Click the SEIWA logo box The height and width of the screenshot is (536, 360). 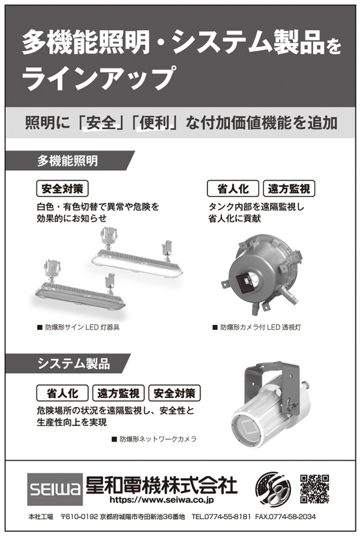pyautogui.click(x=55, y=489)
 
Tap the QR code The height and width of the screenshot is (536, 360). pyautogui.click(x=315, y=489)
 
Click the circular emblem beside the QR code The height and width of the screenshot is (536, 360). pyautogui.click(x=273, y=489)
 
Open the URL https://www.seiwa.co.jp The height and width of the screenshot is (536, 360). pyautogui.click(x=161, y=500)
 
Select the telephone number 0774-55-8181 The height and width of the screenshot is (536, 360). pyautogui.click(x=221, y=517)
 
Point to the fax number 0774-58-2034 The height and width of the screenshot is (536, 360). pyautogui.click(x=286, y=517)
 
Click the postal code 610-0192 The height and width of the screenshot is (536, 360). pyautogui.click(x=79, y=517)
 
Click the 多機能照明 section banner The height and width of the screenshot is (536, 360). pyautogui.click(x=70, y=161)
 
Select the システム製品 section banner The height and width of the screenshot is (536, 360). pyautogui.click(x=68, y=363)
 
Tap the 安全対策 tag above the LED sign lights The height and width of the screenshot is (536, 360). pyautogui.click(x=62, y=189)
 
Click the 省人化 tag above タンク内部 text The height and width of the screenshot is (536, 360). pyautogui.click(x=233, y=189)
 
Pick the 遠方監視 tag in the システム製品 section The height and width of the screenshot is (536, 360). pyautogui.click(x=118, y=393)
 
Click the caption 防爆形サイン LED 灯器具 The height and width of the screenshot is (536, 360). pyautogui.click(x=79, y=327)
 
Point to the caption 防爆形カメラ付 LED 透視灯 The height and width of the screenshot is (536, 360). pyautogui.click(x=257, y=327)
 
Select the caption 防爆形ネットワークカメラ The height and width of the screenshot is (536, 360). pyautogui.click(x=154, y=439)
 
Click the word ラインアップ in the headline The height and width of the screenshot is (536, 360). pyautogui.click(x=99, y=78)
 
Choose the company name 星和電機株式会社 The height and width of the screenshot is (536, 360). pyautogui.click(x=161, y=484)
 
